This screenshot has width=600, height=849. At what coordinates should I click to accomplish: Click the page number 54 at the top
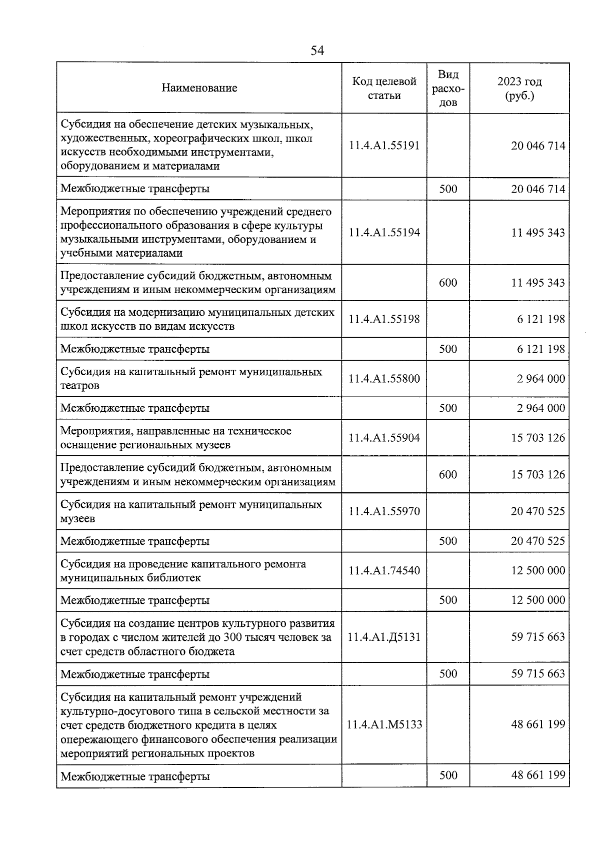[x=317, y=51]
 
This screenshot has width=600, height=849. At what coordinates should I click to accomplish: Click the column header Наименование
[x=199, y=88]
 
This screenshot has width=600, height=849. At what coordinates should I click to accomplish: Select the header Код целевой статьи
[x=384, y=88]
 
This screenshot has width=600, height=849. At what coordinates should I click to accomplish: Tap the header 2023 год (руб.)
[x=519, y=88]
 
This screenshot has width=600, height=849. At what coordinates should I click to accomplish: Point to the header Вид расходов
[x=448, y=88]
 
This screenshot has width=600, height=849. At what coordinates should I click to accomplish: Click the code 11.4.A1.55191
[x=384, y=146]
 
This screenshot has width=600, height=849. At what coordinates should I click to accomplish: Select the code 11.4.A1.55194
[x=384, y=232]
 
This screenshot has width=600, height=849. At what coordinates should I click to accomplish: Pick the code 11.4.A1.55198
[x=384, y=319]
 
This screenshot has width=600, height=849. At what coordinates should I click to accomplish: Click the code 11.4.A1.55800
[x=384, y=379]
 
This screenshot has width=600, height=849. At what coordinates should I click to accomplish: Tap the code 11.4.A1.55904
[x=384, y=438]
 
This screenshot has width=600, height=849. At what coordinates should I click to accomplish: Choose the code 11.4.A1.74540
[x=384, y=570]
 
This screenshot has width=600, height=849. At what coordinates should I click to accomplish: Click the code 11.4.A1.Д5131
[x=384, y=637]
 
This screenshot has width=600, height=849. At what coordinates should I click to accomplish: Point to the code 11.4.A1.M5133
[x=384, y=724]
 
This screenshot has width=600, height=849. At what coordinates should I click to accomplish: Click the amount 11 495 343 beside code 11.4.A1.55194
[x=538, y=232]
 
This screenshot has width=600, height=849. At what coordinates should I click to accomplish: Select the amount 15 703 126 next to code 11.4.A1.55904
[x=538, y=438]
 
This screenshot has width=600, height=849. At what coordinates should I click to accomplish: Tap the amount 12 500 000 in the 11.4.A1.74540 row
[x=538, y=570]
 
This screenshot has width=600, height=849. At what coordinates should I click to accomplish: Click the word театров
[x=80, y=386]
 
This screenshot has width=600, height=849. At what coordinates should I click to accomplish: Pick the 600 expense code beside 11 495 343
[x=448, y=283]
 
